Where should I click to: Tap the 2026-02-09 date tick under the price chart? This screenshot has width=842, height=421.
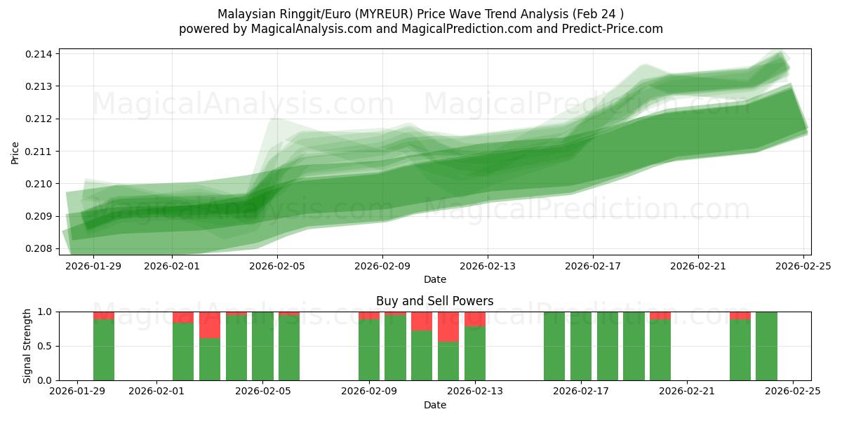[382, 266]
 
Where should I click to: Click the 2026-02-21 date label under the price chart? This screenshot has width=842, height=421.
[698, 266]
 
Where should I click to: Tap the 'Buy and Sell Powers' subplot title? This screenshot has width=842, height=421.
[434, 301]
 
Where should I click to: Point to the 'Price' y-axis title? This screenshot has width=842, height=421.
[15, 152]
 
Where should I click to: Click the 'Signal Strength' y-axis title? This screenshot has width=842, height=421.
[28, 346]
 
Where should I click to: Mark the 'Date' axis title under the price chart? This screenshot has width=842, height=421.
[434, 279]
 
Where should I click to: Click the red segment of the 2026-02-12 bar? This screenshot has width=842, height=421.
[448, 327]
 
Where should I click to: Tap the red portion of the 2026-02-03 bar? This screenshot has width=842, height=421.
[210, 325]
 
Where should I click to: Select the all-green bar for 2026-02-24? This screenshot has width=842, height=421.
[766, 346]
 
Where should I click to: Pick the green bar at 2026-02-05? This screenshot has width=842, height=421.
[262, 346]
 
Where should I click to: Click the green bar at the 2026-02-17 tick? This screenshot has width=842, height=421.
[581, 346]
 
